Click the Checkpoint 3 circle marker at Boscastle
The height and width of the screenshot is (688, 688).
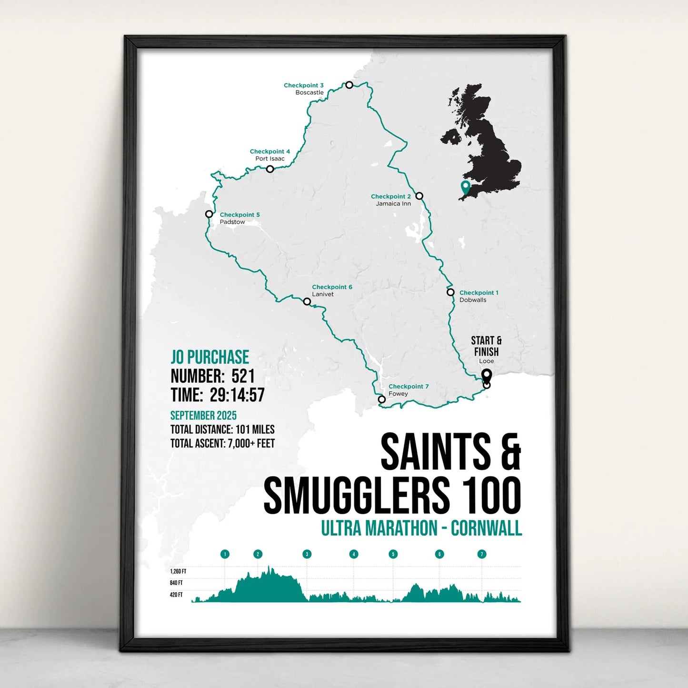pos(349,85)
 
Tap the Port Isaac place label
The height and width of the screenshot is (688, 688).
pos(270,159)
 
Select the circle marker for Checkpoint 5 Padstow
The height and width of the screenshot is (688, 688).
pos(209,214)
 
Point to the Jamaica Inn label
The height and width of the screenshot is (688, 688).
pos(393,204)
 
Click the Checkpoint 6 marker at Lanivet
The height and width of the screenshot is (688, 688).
pos(307,301)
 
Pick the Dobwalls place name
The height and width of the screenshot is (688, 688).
pos(473,300)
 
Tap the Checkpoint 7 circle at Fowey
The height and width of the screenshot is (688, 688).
pos(381,399)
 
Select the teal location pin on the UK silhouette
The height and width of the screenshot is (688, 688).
pos(465,188)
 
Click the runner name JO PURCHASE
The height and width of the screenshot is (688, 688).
pos(210,357)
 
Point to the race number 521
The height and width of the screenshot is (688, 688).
pos(243,376)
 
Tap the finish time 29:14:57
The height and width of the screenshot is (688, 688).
pos(237,395)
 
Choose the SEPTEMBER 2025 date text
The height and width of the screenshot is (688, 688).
pos(203,415)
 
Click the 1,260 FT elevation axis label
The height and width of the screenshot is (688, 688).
pos(178,571)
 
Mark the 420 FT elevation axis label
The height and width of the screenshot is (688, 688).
pos(176,595)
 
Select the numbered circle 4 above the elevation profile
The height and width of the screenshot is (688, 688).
pos(353,554)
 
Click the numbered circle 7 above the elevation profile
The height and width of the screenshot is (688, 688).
pos(482,554)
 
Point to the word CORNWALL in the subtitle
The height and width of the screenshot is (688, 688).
pos(486,528)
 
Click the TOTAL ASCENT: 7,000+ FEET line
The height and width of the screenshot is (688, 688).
pos(222,444)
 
